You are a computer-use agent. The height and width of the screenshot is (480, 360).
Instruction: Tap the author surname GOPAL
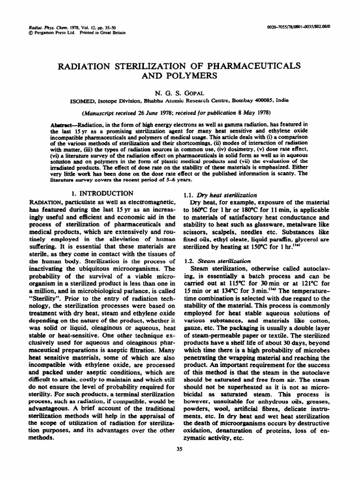coord(199,93)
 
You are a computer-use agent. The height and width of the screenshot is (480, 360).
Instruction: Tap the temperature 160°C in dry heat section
coord(200,210)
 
